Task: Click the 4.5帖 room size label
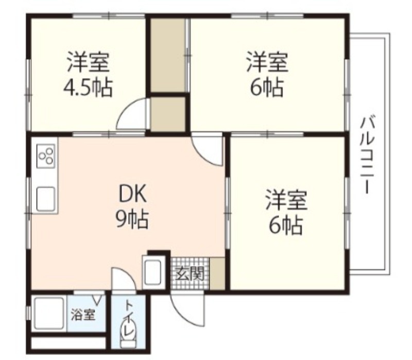[88, 87]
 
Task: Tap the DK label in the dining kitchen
[132, 193]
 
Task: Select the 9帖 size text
[132, 219]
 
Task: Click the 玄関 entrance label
[190, 275]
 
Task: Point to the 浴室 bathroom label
[83, 314]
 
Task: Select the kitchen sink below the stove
[46, 199]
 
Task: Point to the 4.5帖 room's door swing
[131, 114]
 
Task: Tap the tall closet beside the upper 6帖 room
[168, 55]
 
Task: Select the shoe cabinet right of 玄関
[217, 273]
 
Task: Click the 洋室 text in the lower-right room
[286, 200]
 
